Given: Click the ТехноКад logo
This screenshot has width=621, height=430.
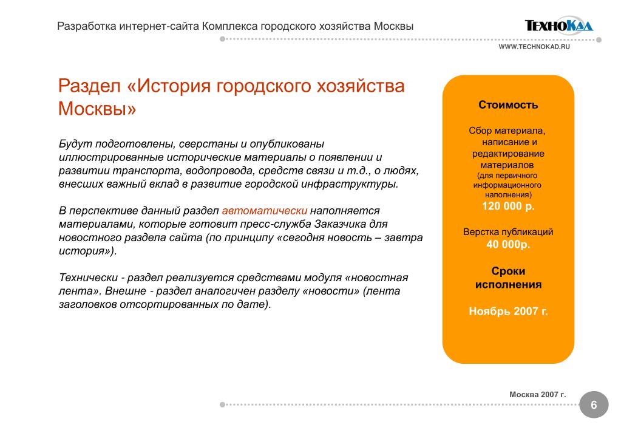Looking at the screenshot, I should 558,26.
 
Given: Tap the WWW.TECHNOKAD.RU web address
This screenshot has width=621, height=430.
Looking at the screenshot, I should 534,47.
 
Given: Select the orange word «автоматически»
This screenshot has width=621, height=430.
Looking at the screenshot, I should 265,211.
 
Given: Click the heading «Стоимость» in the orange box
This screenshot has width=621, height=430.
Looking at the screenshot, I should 508,104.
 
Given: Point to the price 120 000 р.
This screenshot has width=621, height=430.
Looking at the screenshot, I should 508,206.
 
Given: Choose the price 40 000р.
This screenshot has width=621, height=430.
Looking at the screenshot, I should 508,244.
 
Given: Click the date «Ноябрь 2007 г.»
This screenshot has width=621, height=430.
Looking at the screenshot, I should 508,312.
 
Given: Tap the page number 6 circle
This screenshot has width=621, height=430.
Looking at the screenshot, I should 594,405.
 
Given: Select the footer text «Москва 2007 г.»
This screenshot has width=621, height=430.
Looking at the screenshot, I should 537,394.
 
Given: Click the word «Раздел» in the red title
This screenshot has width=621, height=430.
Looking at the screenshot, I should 90,86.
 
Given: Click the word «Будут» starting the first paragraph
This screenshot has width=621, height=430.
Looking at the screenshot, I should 73,144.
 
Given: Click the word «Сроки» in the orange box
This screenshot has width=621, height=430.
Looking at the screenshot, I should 508,271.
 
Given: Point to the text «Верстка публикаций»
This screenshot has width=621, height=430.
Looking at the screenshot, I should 508,232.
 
